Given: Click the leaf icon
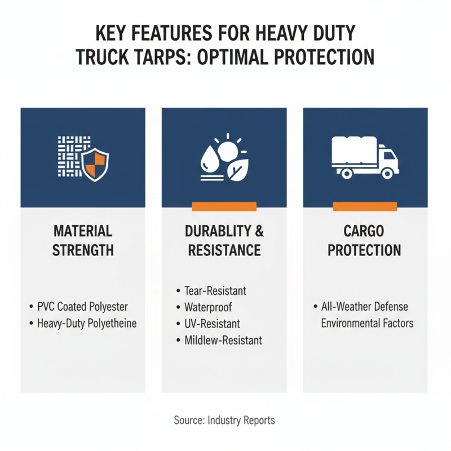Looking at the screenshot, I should pos(236,170).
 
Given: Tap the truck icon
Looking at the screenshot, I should pos(365,158).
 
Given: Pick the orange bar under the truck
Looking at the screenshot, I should pos(365,207).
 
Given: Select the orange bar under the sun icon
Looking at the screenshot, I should pos(224,207).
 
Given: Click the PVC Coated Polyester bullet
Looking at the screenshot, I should pos(82,307).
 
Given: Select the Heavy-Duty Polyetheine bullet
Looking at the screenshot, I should pos(87,324).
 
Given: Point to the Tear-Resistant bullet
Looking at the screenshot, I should pos(215,291).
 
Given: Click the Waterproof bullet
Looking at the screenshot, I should pos(207,307).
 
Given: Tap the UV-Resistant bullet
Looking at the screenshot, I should pos(212,324).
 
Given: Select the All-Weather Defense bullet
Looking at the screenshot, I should pos(364,307).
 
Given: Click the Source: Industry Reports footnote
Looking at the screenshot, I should pos(224,421).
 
